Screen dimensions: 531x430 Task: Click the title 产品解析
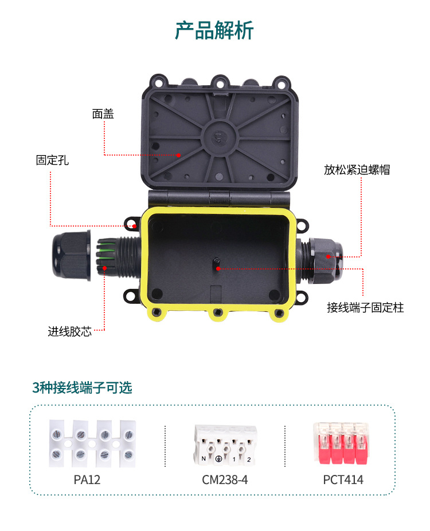tap(214, 30)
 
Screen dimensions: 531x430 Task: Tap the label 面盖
tap(103, 114)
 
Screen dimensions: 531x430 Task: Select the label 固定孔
tap(52, 160)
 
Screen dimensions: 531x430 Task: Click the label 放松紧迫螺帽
tap(357, 170)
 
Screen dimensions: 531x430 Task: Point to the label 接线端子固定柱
tap(365, 308)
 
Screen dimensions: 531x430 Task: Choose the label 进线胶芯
tap(69, 332)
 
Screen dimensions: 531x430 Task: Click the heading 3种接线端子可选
tap(82, 387)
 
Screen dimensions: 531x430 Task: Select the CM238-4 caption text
tap(225, 480)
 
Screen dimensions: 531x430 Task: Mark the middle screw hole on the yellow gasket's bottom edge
tap(218, 312)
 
